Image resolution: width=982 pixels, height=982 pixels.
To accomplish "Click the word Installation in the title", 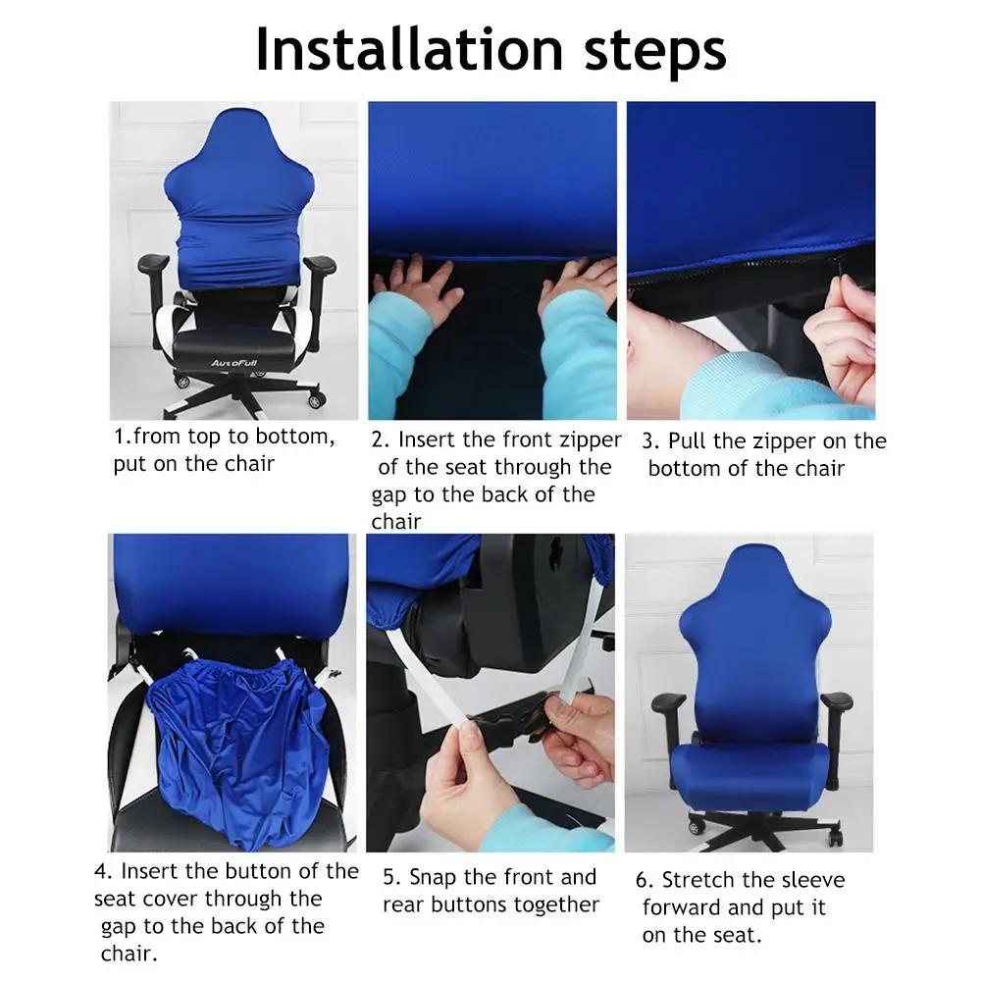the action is coord(410,49).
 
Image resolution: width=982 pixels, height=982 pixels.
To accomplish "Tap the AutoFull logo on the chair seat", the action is coord(233,363).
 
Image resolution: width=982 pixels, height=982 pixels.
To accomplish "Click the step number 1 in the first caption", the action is coord(119,436).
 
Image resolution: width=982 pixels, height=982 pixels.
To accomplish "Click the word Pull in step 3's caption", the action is coord(687,440).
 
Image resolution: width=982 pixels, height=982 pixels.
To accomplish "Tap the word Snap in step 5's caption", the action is coord(432,878).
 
